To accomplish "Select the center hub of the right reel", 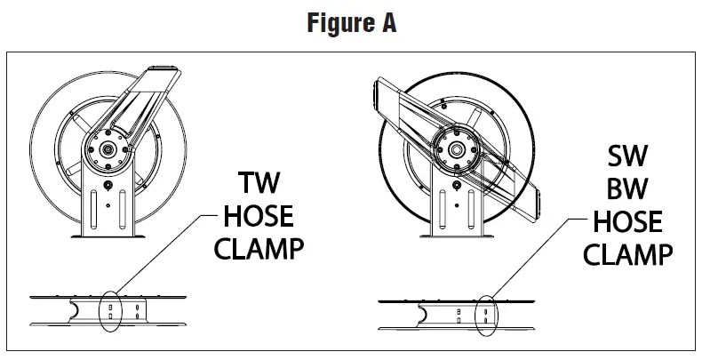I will point(458,148).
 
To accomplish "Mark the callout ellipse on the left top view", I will point(111,311).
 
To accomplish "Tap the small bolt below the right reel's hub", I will point(458,184).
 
